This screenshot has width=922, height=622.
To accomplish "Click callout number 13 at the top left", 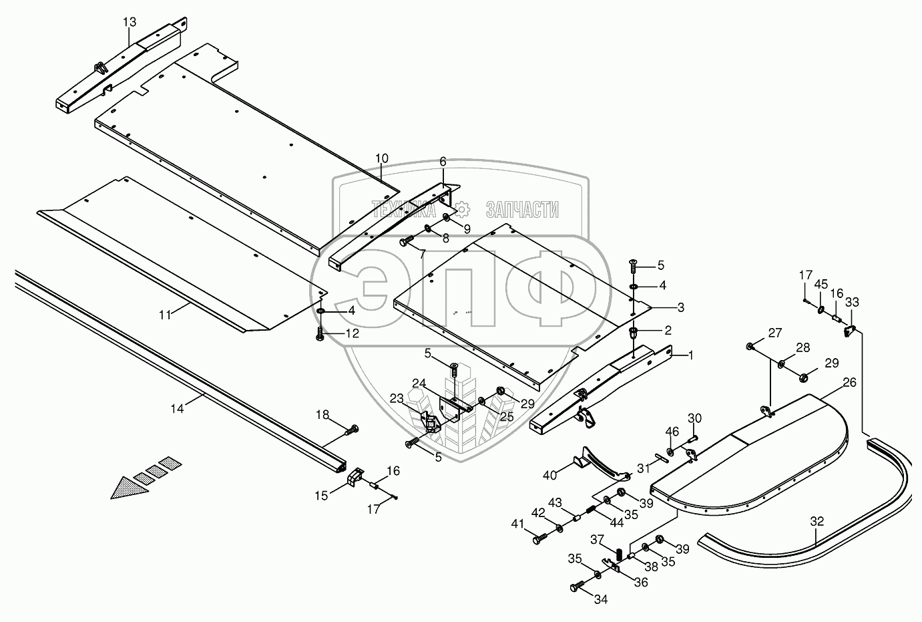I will tap(129, 22).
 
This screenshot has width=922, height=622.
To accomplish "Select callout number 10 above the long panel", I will tap(381, 158).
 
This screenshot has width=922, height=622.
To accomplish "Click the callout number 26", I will tap(849, 383).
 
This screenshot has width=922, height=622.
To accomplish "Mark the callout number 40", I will tap(549, 475).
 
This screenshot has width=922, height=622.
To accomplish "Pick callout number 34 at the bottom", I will tap(601, 599).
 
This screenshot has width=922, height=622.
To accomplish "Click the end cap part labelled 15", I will tap(356, 477).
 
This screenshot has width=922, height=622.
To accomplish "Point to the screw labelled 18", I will tap(351, 429).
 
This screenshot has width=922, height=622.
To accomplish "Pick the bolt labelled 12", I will tap(320, 332).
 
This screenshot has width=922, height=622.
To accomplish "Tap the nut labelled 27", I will tap(750, 346).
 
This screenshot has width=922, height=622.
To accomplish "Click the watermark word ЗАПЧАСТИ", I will tap(522, 210).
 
